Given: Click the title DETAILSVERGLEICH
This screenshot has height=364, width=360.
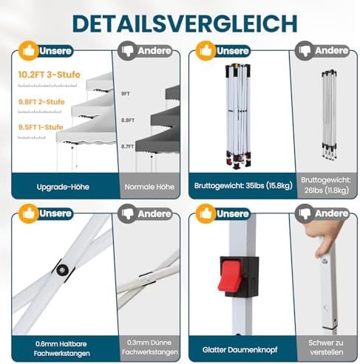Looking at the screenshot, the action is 185,24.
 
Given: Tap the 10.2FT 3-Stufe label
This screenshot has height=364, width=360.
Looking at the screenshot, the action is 50,75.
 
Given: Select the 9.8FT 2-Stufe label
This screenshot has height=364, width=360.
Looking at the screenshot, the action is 41,102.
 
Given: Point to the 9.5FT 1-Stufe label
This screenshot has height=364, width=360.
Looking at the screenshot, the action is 41,127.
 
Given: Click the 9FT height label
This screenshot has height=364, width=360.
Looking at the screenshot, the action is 126,94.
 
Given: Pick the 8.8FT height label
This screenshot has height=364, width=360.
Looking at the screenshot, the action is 128,120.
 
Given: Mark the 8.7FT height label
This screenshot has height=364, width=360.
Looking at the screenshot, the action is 127,146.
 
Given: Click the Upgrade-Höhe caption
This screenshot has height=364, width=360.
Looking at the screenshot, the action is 63,187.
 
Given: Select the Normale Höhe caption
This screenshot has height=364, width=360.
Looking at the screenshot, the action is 149,187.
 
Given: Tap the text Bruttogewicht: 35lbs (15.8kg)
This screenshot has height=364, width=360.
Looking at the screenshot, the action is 243,185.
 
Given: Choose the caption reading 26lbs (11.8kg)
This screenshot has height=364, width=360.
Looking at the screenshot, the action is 327,190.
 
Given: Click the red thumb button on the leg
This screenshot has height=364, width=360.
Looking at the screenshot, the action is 230,275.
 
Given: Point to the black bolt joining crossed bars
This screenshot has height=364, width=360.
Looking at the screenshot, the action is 62,270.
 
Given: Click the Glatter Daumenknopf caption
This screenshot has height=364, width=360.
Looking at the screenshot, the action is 240,349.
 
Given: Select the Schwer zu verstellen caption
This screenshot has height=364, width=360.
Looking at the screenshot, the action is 326,347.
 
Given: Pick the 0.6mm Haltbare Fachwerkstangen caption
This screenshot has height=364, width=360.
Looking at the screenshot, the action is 61,348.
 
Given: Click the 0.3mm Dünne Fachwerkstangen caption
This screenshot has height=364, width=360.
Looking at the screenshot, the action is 149,347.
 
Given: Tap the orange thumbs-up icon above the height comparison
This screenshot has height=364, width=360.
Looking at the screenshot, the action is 29,51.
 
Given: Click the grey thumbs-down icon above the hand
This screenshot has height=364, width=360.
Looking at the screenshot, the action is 305,213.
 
